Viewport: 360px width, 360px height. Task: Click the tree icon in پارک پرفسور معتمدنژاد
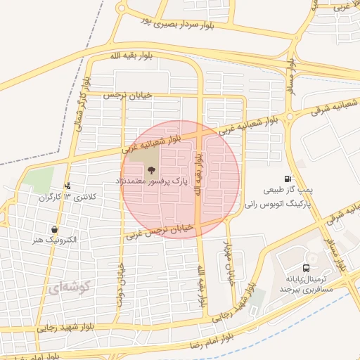(150, 169)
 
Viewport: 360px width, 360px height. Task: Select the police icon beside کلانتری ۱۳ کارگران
(67, 186)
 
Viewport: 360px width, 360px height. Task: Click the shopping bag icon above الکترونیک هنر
(55, 229)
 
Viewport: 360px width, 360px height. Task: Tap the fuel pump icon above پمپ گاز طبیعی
(287, 179)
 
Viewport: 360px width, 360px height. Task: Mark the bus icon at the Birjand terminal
(306, 268)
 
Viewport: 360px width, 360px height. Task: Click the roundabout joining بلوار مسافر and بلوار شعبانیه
(289, 116)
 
